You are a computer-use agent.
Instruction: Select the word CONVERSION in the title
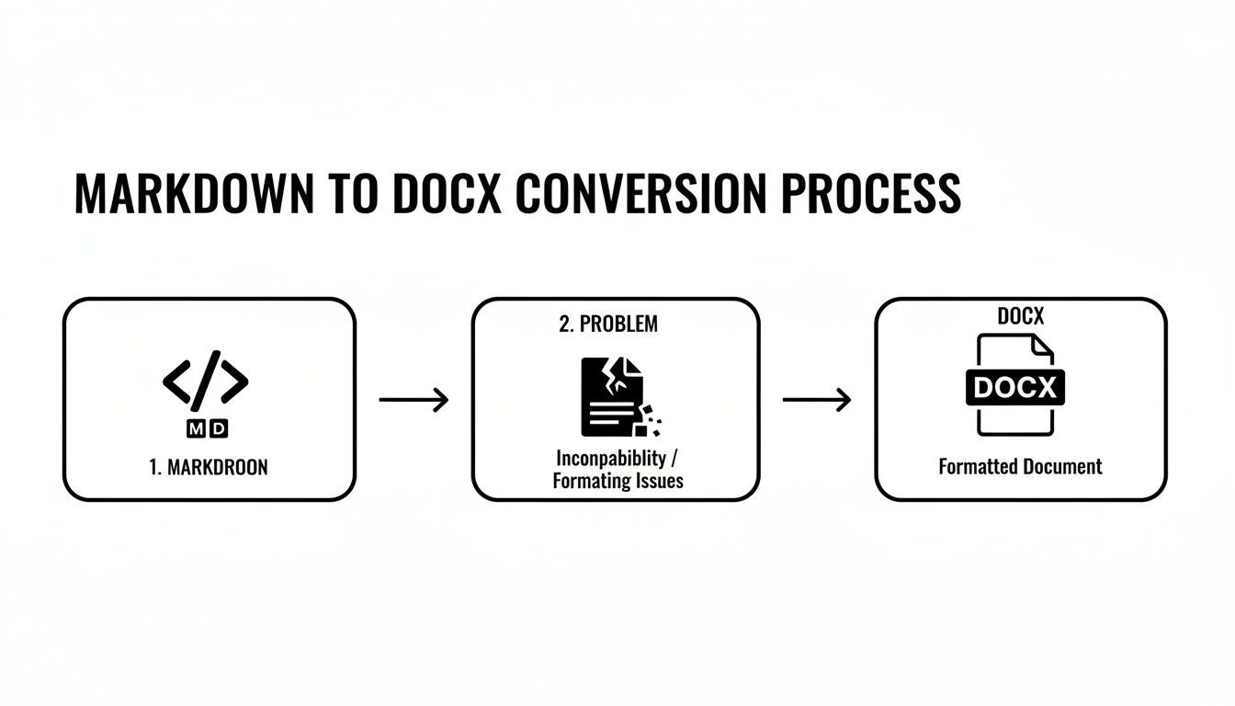640,194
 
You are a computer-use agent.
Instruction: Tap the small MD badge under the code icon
208,427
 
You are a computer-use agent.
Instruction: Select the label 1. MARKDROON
209,467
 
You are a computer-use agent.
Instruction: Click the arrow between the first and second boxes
414,400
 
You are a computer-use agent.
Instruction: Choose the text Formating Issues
617,481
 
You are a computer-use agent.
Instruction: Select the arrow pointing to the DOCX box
816,400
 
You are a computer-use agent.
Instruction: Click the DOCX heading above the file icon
1020,316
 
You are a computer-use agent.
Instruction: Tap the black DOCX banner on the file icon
1016,387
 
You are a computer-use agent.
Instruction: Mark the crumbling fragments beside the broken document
651,421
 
